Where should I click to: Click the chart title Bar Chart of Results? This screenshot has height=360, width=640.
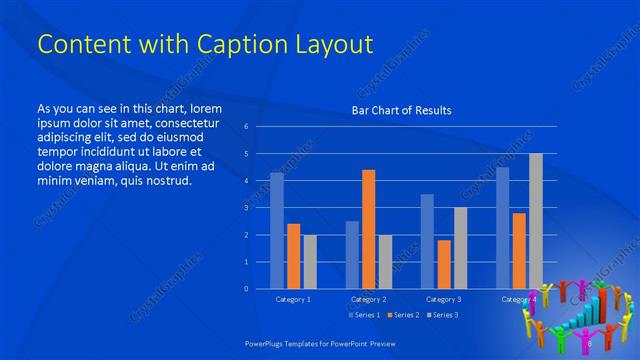click(x=401, y=110)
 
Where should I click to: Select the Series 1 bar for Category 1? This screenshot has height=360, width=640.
click(x=277, y=230)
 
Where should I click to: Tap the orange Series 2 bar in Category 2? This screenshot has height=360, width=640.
click(x=368, y=229)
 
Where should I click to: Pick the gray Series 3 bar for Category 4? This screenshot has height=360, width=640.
click(x=536, y=221)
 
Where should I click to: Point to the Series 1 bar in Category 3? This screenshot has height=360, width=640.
click(x=427, y=241)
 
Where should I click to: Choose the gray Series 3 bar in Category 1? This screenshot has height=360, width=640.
click(x=310, y=261)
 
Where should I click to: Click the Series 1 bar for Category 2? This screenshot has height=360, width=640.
click(x=352, y=254)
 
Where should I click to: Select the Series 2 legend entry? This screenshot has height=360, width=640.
click(x=402, y=315)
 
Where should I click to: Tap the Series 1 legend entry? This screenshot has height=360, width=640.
click(x=362, y=315)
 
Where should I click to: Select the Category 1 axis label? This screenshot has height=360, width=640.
click(x=293, y=299)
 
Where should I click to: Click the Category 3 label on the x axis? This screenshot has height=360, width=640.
click(x=443, y=299)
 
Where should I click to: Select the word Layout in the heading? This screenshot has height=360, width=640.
click(x=331, y=45)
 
